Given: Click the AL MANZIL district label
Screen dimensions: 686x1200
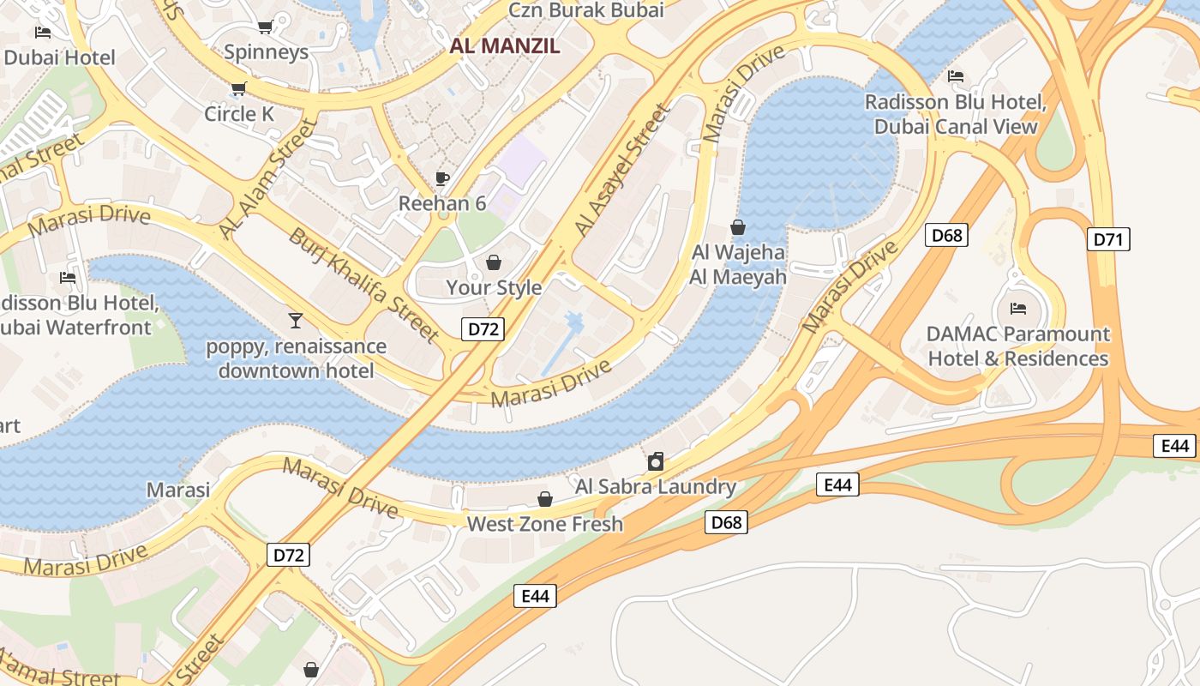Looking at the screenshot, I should point(505,46).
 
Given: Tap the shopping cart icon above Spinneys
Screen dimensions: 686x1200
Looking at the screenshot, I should point(265,27).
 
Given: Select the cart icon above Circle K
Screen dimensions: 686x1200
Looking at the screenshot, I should point(238,88).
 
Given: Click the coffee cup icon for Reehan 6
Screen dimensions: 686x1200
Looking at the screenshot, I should point(442,178).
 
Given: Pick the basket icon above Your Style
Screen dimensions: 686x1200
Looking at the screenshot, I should point(494,262).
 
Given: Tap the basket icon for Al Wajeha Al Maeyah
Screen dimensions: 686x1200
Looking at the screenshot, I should point(737,227).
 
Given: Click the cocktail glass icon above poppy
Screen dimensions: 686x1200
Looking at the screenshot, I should point(296,321).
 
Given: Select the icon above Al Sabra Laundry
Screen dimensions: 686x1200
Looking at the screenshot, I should point(656,461).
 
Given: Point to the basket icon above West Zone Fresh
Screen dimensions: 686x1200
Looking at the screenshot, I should point(544,499).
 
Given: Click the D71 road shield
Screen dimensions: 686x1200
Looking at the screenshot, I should point(1108,239).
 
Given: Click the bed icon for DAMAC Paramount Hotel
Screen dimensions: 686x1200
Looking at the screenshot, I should point(1018,309).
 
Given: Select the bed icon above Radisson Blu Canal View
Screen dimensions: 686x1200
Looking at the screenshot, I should point(956,76).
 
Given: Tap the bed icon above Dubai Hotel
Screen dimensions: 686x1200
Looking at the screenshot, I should point(42,33).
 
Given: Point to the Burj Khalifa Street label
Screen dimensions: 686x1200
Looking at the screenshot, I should point(363,285).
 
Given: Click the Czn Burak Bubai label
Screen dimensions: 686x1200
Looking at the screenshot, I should point(586,10).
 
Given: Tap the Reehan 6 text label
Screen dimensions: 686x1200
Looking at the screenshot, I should point(442,204).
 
